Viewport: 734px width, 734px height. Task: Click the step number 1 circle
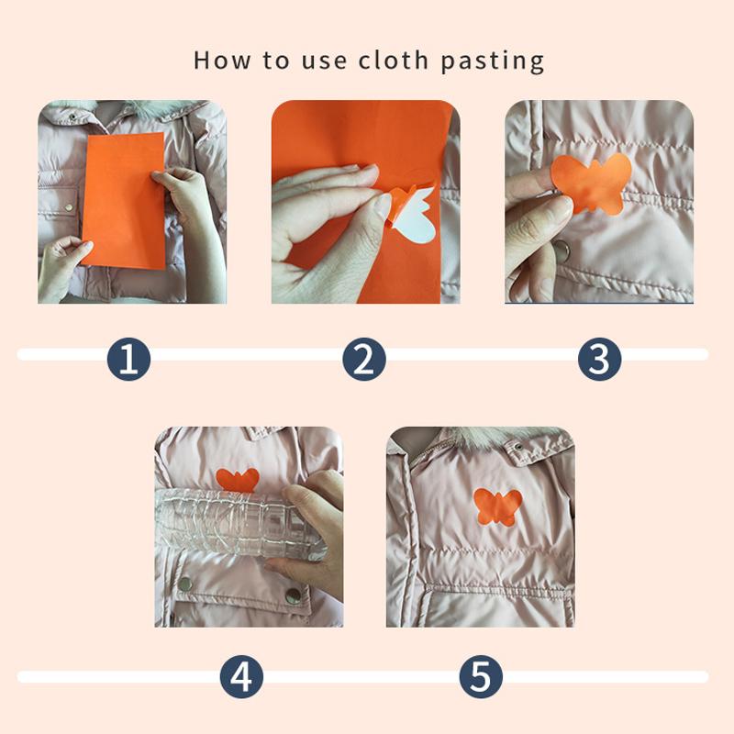(128, 359)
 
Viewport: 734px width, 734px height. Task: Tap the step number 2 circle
(364, 359)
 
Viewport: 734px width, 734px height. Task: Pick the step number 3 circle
(599, 359)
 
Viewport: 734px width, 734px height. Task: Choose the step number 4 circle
(241, 678)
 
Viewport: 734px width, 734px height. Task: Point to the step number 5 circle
(481, 678)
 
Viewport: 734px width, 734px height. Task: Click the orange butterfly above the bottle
(238, 480)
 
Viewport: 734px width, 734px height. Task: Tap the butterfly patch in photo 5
(497, 506)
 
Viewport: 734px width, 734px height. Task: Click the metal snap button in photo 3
(563, 249)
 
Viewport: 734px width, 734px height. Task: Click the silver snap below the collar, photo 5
(518, 447)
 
